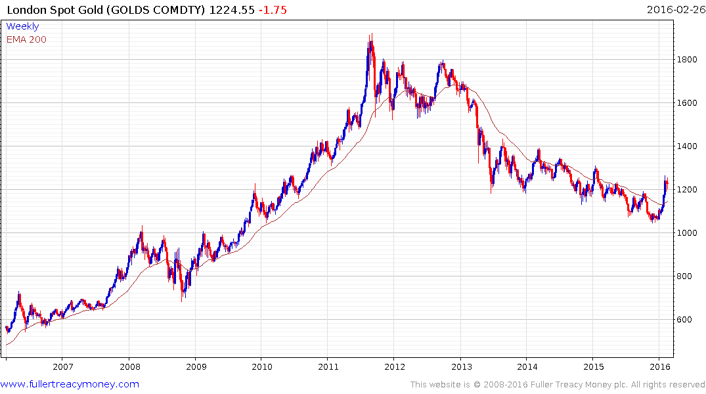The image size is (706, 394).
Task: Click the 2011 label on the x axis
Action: (x=328, y=366)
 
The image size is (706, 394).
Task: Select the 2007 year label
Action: (x=62, y=366)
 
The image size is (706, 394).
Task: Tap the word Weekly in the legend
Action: (x=22, y=26)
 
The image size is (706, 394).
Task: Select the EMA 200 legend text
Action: (x=26, y=39)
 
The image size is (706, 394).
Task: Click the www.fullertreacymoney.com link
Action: (x=70, y=384)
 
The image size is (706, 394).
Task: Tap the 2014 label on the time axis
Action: (x=527, y=366)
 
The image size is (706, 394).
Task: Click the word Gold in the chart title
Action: (x=85, y=10)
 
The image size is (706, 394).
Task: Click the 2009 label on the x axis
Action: (x=196, y=366)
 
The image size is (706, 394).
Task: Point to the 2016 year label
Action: (x=660, y=366)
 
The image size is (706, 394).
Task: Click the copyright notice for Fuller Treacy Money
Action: (x=558, y=384)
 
